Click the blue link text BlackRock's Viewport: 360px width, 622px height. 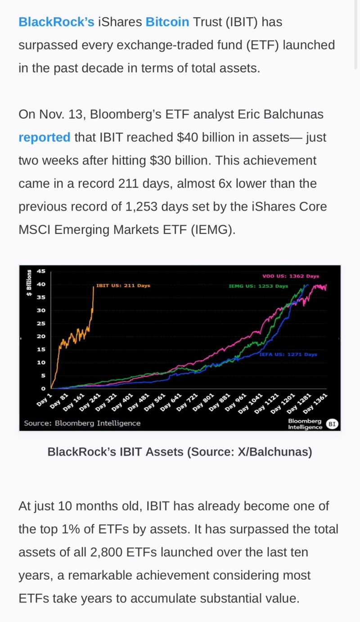(x=56, y=22)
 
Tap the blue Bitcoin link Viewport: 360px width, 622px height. (x=167, y=22)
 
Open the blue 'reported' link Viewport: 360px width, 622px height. (x=44, y=137)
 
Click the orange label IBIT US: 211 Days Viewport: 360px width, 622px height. (x=123, y=285)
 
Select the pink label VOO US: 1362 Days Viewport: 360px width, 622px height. (x=290, y=276)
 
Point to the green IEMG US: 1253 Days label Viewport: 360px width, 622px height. (x=258, y=286)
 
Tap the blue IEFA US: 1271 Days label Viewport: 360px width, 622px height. (x=288, y=354)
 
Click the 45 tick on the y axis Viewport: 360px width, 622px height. (x=41, y=271)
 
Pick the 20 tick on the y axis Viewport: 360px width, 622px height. (x=41, y=336)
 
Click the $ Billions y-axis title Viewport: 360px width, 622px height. (x=29, y=283)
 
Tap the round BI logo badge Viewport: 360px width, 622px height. (x=332, y=424)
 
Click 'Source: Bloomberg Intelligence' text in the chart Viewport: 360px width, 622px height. (x=82, y=423)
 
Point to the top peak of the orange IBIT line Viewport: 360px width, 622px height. (x=93, y=287)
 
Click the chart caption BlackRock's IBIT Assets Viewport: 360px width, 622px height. (x=180, y=451)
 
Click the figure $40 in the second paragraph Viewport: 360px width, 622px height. (x=191, y=137)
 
